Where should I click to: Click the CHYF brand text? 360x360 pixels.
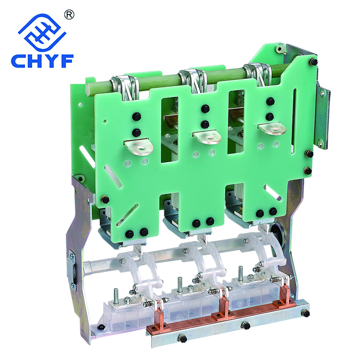pyautogui.click(x=42, y=61)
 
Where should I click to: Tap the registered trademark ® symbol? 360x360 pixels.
pyautogui.click(x=69, y=15)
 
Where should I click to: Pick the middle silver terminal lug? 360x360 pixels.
pyautogui.click(x=207, y=137)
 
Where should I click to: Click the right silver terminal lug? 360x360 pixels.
pyautogui.click(x=272, y=129)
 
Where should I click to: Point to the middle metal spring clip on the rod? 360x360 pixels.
pyautogui.click(x=193, y=80)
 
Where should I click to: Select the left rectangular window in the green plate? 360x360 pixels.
pyautogui.click(x=169, y=130)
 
